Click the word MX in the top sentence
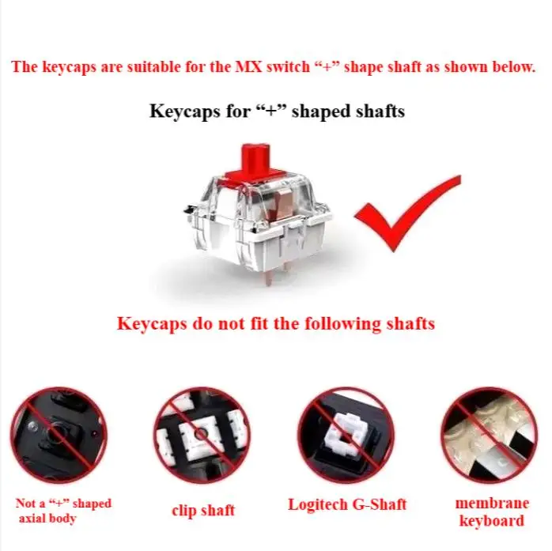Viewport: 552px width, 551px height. tap(248, 66)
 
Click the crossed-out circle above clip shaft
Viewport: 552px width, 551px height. tap(202, 435)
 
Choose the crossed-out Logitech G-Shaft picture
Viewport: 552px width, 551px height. tap(346, 435)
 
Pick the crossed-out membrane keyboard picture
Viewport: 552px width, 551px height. tap(489, 435)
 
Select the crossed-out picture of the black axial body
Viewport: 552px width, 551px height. tap(59, 435)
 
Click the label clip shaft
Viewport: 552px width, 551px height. tap(203, 511)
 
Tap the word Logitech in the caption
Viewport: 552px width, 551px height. tap(318, 504)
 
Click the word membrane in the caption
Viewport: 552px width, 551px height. tap(492, 503)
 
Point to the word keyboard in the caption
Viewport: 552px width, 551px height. tap(492, 521)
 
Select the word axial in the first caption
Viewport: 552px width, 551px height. tap(32, 519)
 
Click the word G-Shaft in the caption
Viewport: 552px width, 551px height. tap(380, 504)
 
